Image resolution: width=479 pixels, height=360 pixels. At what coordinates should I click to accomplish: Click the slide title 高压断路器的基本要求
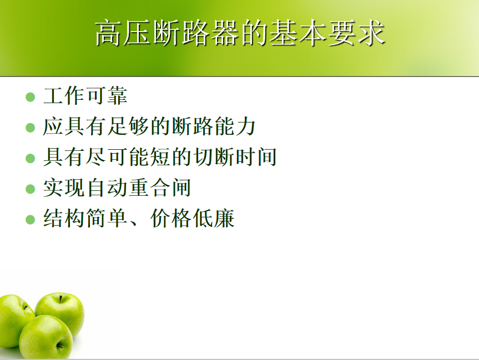click(x=240, y=33)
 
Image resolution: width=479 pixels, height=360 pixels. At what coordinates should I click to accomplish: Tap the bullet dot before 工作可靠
click(x=30, y=97)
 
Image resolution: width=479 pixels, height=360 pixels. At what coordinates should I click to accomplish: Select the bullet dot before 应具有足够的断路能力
click(x=30, y=128)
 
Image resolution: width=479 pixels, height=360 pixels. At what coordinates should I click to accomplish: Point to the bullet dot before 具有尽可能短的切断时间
click(x=30, y=158)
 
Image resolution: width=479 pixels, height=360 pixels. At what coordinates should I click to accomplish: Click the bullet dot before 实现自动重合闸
click(x=30, y=189)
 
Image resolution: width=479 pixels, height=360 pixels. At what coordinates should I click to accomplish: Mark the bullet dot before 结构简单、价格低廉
click(x=30, y=220)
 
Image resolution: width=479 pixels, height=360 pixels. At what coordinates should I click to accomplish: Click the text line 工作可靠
click(x=85, y=95)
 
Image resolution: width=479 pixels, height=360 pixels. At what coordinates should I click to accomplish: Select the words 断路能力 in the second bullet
click(x=213, y=126)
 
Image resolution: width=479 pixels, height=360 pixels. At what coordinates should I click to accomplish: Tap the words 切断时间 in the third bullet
click(x=235, y=157)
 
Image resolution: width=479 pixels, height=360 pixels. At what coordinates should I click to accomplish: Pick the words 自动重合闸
click(x=139, y=187)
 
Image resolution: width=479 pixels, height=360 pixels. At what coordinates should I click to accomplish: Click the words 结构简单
click(x=85, y=219)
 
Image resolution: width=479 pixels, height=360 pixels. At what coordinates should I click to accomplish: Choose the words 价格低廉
click(x=192, y=219)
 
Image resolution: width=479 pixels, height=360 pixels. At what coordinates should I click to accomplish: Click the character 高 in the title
click(x=107, y=33)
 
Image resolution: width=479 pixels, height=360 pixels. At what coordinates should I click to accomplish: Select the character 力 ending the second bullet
click(x=245, y=126)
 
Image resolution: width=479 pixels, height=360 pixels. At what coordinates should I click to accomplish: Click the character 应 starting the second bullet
click(x=53, y=126)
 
